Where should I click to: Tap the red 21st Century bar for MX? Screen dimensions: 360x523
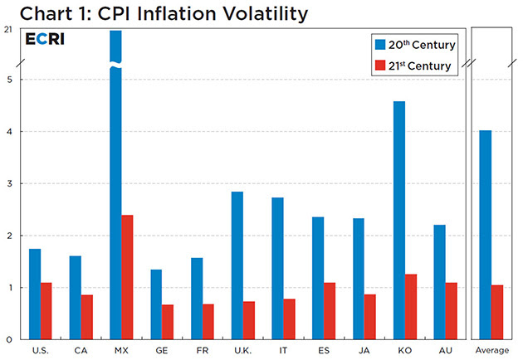point(127,277)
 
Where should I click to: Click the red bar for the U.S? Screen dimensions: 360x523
point(46,311)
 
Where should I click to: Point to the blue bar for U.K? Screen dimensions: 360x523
point(237,265)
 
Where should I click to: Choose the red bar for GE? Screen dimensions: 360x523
point(168,322)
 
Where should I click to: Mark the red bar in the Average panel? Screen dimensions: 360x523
point(497,312)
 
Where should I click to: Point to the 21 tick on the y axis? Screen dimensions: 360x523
point(7,30)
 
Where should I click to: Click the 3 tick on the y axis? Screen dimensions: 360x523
point(7,183)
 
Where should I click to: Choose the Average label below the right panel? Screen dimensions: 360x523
point(491,351)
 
